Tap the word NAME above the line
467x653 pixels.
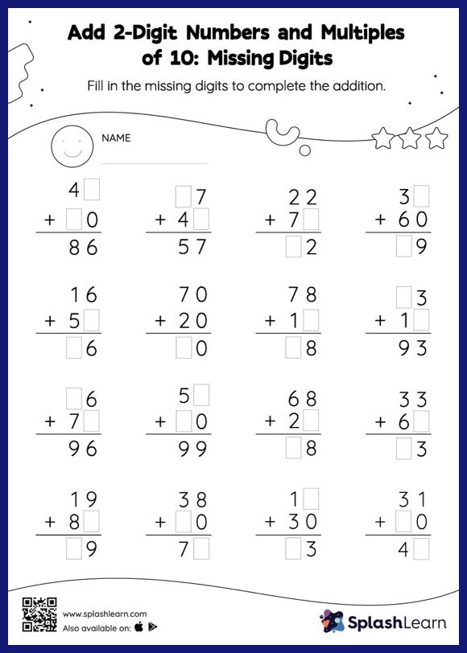116,138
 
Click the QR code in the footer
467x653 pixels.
39,614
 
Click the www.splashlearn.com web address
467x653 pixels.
93,614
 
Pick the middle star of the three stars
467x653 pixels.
409,138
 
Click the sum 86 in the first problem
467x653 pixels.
83,248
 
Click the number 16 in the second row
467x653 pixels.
83,296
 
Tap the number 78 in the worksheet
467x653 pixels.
303,296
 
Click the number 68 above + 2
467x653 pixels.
303,398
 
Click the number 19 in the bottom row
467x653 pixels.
83,499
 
